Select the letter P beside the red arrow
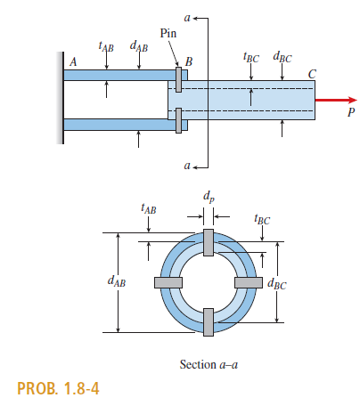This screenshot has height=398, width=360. point(350,114)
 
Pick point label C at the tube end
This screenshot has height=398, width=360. point(311,74)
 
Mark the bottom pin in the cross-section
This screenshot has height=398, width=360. point(207,321)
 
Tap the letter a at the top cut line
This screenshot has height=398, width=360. point(186,16)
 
